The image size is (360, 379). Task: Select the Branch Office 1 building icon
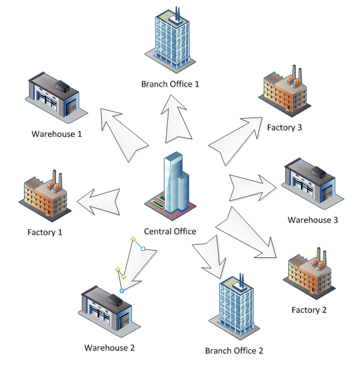[170, 40]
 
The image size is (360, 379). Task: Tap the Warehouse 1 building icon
[57, 98]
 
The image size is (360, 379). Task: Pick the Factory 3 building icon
[285, 91]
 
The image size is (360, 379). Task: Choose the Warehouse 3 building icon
[313, 184]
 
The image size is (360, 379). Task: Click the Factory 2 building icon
[309, 273]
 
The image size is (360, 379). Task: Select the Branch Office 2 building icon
[234, 306]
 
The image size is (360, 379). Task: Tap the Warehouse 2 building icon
[109, 311]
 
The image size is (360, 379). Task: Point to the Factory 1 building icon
[45, 196]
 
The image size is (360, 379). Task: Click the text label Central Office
[170, 231]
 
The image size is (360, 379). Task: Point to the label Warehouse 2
[109, 347]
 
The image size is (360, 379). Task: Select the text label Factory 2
[309, 310]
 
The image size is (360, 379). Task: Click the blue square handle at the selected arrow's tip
[122, 291]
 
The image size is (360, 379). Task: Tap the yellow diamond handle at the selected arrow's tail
[133, 239]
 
